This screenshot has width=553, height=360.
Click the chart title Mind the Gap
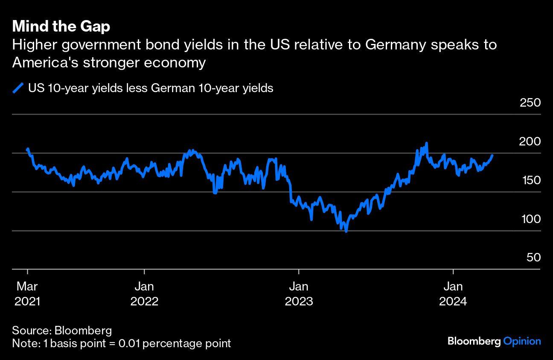tap(61, 26)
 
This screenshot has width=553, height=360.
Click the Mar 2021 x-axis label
tap(27, 293)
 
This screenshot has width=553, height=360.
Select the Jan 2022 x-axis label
tap(144, 293)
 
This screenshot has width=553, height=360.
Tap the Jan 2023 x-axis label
tap(299, 293)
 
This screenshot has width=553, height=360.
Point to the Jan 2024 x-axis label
tap(453, 293)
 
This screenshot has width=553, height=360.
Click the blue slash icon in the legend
tap(18, 88)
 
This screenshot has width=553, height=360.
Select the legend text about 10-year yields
tap(150, 88)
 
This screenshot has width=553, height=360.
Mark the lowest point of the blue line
tap(346, 232)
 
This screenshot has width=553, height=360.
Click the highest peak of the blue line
tap(426, 143)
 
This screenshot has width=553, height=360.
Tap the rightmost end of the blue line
tap(492, 156)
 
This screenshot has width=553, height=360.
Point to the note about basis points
tap(121, 343)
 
